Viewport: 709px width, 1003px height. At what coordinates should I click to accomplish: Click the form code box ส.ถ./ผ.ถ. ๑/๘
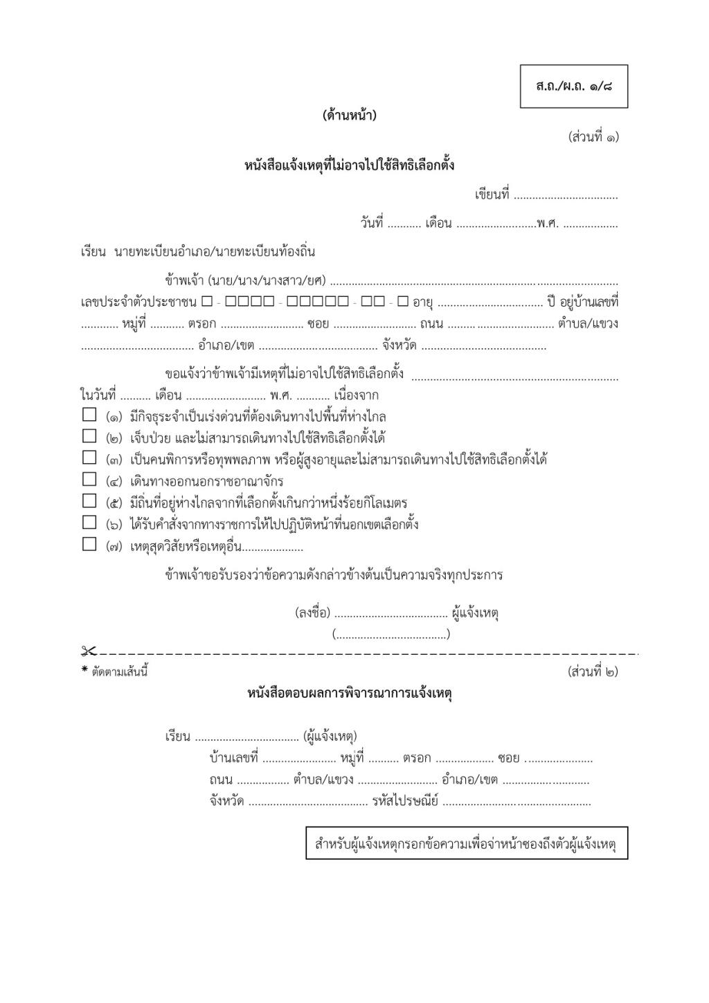tap(573, 87)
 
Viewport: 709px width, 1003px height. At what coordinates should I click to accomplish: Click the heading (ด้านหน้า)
tap(350, 116)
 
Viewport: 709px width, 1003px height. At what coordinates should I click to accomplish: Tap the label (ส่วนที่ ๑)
tap(593, 136)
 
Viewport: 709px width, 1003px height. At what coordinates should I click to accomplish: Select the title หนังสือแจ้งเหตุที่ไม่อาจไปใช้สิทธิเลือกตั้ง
tap(350, 165)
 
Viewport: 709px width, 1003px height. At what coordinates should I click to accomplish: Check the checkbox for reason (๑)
tap(89, 415)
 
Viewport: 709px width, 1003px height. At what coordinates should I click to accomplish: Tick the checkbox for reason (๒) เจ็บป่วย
tap(89, 436)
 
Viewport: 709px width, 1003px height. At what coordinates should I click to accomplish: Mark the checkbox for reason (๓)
tap(89, 458)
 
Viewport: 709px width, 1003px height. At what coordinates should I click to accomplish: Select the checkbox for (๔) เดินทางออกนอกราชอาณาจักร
tap(89, 479)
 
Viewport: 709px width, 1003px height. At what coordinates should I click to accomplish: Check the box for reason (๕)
tap(89, 500)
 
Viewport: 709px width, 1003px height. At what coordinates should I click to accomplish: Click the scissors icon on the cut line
tap(89, 651)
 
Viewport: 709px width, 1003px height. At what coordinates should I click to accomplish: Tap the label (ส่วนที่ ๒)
tap(593, 671)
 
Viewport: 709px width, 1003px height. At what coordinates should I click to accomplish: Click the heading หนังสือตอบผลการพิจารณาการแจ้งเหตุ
tap(350, 693)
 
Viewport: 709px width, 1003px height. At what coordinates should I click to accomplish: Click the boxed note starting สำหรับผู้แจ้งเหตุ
tap(466, 844)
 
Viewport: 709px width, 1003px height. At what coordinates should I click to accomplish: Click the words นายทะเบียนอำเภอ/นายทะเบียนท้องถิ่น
tap(215, 251)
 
